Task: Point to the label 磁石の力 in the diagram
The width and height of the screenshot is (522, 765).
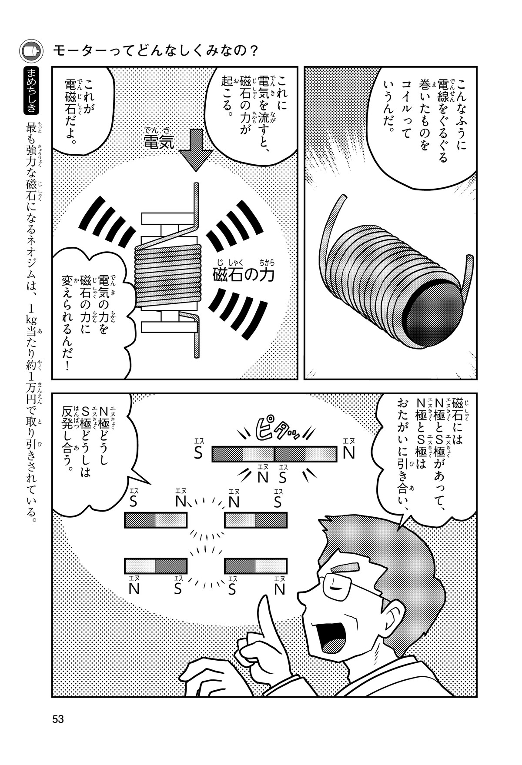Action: pyautogui.click(x=244, y=274)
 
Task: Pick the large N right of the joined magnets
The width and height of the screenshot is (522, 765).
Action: pyautogui.click(x=348, y=453)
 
